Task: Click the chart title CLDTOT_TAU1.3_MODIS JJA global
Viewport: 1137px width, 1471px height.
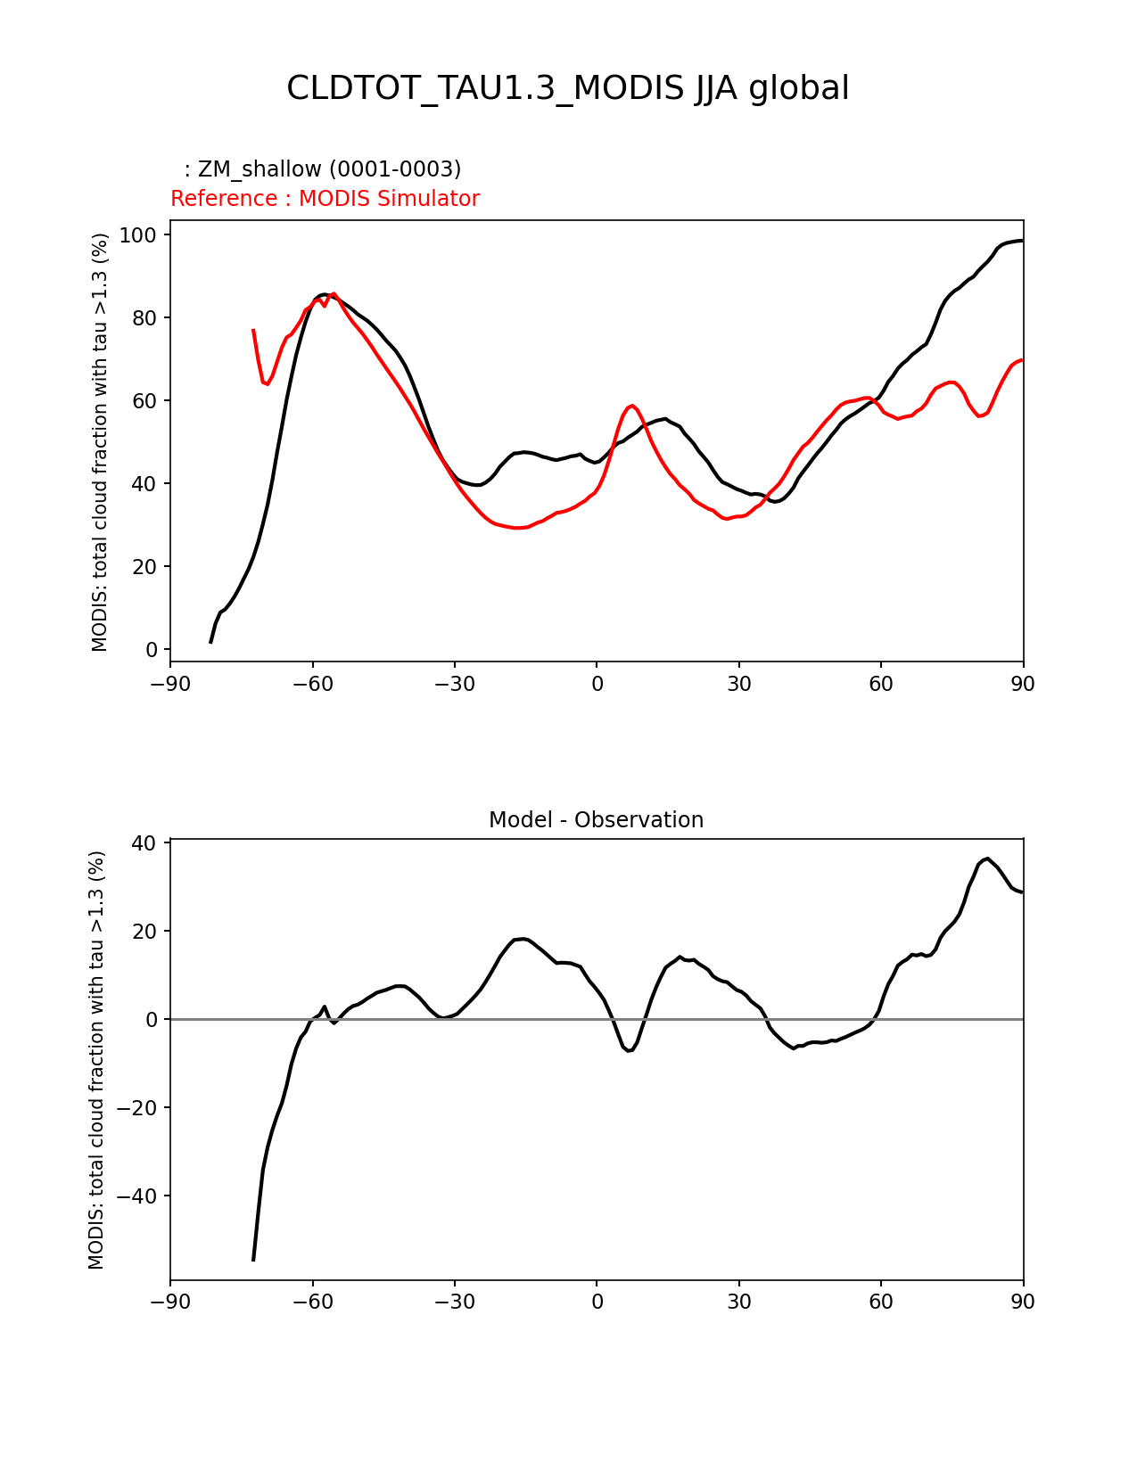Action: pyautogui.click(x=567, y=88)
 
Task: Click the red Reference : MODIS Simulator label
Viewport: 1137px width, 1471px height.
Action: pyautogui.click(x=325, y=199)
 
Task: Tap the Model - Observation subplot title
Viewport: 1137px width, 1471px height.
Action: pyautogui.click(x=596, y=820)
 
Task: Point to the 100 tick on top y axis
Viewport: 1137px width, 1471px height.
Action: pyautogui.click(x=139, y=235)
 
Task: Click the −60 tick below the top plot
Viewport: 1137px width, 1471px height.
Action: pyautogui.click(x=312, y=684)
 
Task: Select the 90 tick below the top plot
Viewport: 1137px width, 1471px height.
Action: pyautogui.click(x=1023, y=684)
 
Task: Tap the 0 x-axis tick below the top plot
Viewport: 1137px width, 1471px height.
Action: pyautogui.click(x=597, y=684)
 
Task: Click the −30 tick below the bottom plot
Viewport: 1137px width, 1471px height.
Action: pyautogui.click(x=454, y=1302)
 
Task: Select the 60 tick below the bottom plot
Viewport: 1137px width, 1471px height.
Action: pyautogui.click(x=881, y=1302)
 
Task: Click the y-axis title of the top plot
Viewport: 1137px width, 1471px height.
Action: pyautogui.click(x=100, y=442)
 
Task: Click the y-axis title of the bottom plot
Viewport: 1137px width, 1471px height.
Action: pyautogui.click(x=97, y=1060)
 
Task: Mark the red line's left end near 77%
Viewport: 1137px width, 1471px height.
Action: pyautogui.click(x=253, y=330)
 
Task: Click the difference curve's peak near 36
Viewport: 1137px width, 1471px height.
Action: pyautogui.click(x=987, y=859)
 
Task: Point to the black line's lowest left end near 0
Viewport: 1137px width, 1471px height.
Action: pyautogui.click(x=211, y=642)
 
